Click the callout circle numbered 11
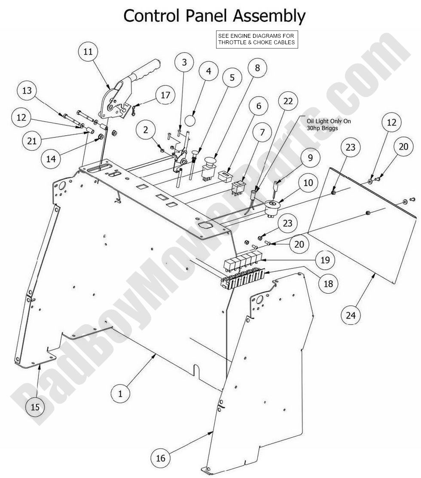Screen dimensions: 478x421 coord(88,52)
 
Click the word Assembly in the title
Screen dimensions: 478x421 coord(269,16)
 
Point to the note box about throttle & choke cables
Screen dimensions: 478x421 coord(257,39)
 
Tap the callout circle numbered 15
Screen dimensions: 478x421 coord(35,407)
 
